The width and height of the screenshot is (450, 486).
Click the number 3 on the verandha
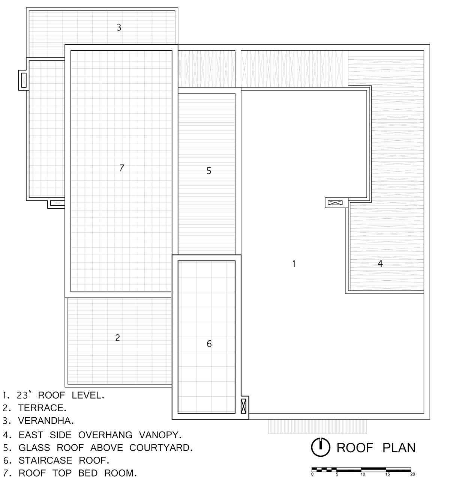click(119, 27)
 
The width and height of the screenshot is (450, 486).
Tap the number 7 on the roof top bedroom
click(122, 168)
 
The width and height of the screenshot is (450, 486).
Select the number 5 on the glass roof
click(209, 170)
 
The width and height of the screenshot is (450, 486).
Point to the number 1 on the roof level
click(294, 263)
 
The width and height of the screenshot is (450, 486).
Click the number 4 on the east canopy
click(380, 263)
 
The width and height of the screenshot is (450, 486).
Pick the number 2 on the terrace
click(118, 338)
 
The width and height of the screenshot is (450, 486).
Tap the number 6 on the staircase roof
click(209, 344)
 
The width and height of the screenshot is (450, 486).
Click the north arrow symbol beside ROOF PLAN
click(321, 447)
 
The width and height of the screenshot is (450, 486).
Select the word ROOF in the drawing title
click(355, 448)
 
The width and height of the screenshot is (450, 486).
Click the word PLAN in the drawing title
click(399, 448)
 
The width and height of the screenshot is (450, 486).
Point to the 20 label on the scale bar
click(412, 474)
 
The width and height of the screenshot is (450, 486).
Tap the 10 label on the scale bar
click(363, 474)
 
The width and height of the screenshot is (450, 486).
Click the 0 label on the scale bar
click(312, 474)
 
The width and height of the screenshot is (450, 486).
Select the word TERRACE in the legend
click(42, 408)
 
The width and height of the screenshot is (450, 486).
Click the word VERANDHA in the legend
click(46, 421)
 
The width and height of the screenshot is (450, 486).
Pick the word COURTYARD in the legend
click(161, 448)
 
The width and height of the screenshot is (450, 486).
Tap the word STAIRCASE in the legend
click(45, 460)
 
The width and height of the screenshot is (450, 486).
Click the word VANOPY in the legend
click(160, 435)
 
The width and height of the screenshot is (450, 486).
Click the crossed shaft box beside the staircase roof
click(244, 406)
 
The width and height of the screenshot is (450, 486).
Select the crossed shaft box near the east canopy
click(335, 203)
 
